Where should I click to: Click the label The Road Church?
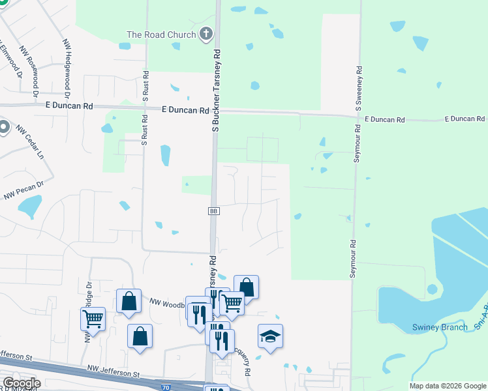pyautogui.click(x=161, y=34)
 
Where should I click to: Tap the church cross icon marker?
pyautogui.click(x=206, y=34)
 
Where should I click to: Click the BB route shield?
pyautogui.click(x=213, y=211)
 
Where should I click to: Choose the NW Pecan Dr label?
pyautogui.click(x=23, y=190)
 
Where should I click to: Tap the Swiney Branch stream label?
pyautogui.click(x=440, y=327)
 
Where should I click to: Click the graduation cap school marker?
pyautogui.click(x=270, y=336)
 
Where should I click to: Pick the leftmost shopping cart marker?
pyautogui.click(x=93, y=319)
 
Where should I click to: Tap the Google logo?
pyautogui.click(x=21, y=383)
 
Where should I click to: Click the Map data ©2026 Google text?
pyautogui.click(x=447, y=386)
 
